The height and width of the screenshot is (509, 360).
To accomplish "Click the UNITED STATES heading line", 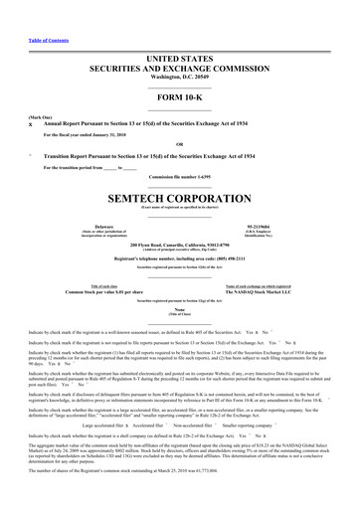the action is click(x=179, y=32).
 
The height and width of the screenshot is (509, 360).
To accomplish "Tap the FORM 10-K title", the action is click(x=179, y=71).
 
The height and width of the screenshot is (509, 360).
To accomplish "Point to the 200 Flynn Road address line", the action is click(x=179, y=215).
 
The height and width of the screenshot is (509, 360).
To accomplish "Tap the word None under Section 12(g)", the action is click(x=179, y=279).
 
